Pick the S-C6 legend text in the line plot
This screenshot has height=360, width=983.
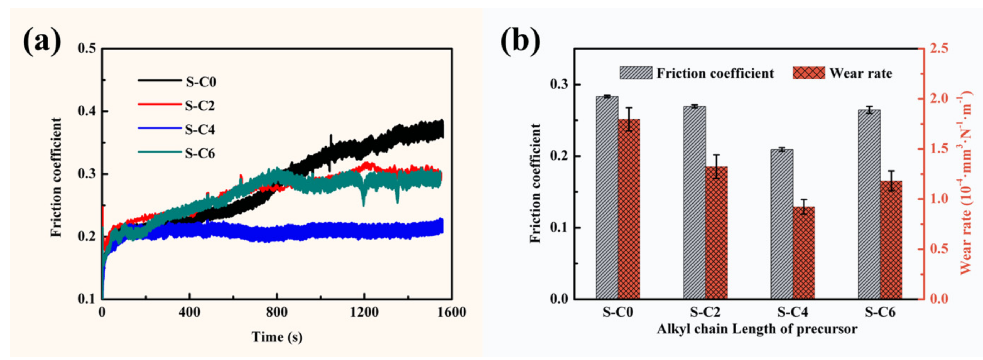click(x=200, y=153)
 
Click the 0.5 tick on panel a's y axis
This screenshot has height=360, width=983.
click(x=87, y=49)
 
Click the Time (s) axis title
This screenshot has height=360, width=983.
click(x=277, y=337)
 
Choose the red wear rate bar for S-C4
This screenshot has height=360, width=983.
click(x=804, y=252)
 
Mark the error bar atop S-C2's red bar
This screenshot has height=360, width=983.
click(x=716, y=166)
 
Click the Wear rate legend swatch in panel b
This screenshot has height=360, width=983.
click(x=809, y=73)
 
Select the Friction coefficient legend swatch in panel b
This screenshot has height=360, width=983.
click(x=636, y=73)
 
